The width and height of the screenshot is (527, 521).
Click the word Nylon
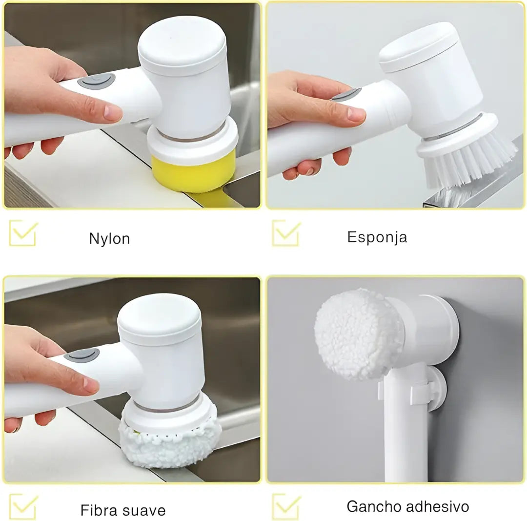109,239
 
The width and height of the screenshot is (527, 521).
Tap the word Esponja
377,237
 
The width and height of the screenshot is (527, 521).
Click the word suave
144,511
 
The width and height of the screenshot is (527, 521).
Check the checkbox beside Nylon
23,233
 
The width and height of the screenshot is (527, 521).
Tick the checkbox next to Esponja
286,232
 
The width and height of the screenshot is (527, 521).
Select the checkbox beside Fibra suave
23,506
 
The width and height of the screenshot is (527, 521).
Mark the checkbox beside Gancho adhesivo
286,506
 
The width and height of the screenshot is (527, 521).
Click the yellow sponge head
193,174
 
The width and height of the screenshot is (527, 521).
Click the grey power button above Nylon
97,81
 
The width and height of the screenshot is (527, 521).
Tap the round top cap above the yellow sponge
182,45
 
